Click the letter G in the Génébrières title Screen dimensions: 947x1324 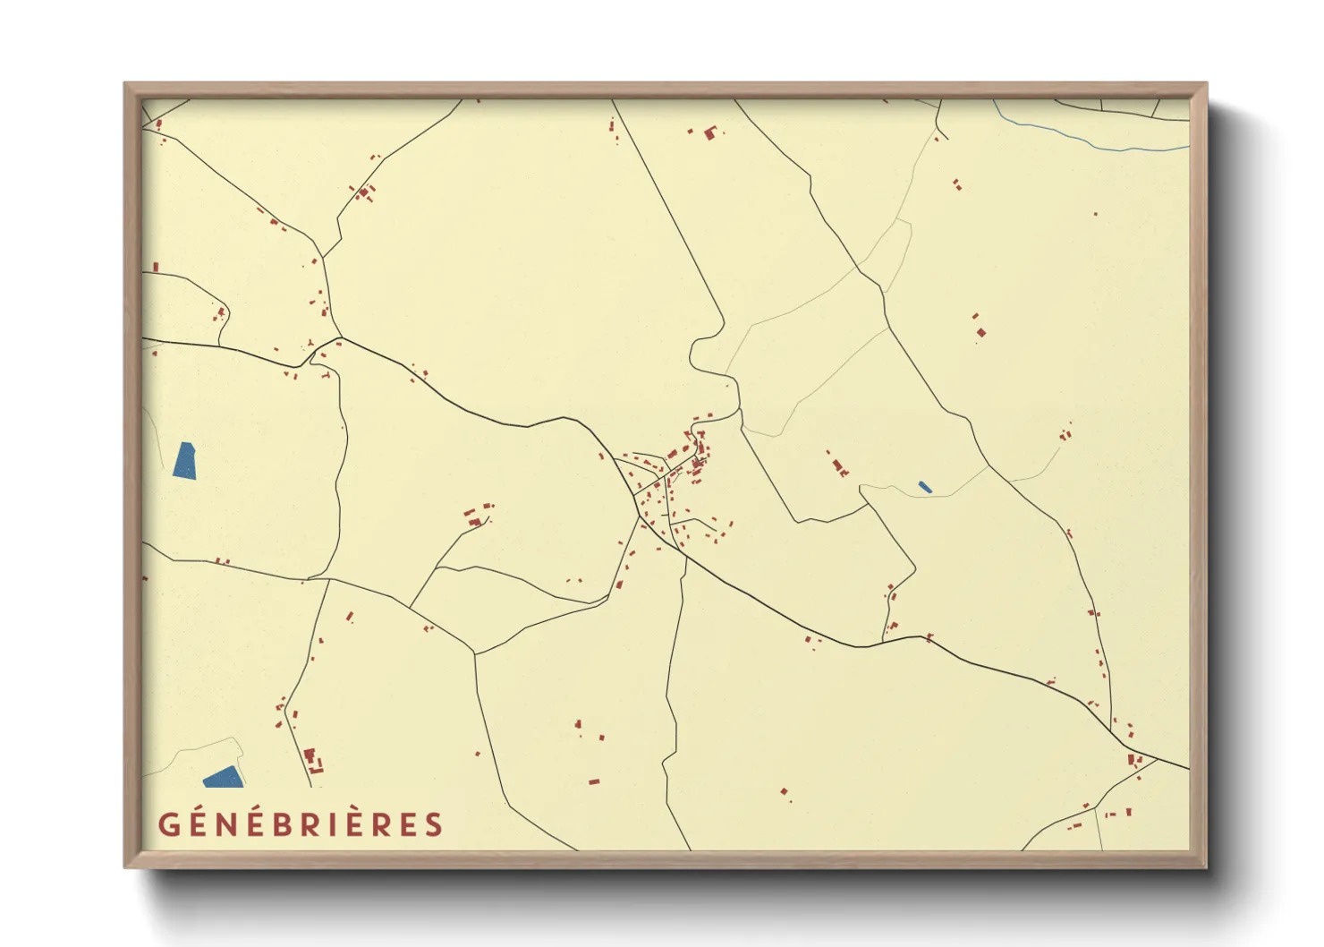point(168,824)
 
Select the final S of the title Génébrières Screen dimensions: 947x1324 point(435,824)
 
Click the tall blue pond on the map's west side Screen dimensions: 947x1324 point(185,461)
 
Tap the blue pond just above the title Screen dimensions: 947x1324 point(224,777)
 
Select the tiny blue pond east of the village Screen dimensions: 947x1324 point(925,487)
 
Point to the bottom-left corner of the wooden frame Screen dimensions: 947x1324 point(126,866)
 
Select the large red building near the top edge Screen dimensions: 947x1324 point(711,134)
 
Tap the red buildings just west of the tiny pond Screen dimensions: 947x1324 point(840,466)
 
